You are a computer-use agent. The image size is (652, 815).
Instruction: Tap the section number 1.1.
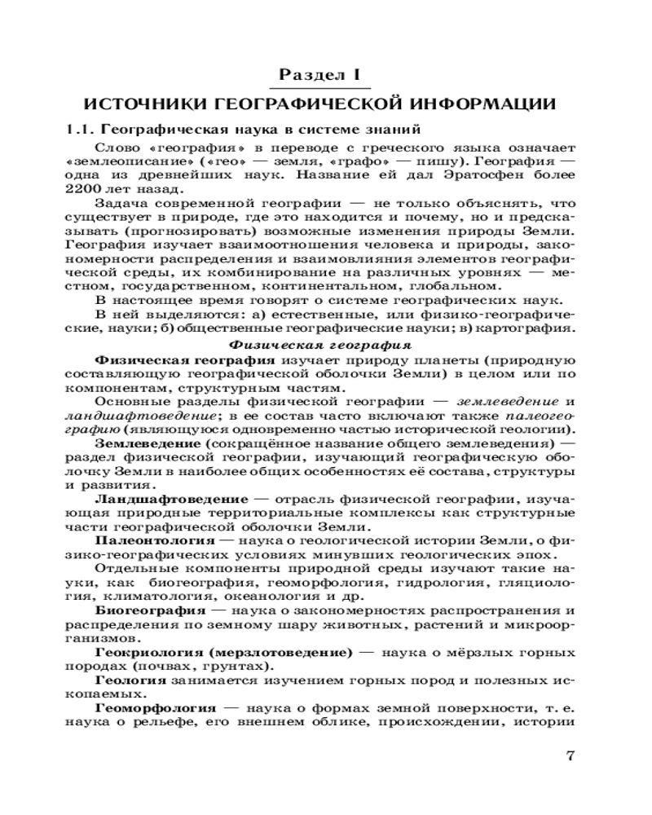pos(81,129)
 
